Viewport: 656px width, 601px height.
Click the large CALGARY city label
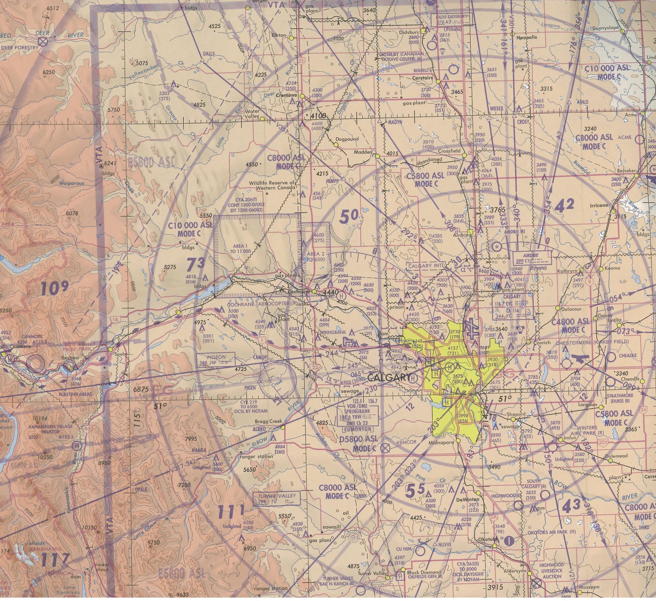[x=388, y=377]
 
